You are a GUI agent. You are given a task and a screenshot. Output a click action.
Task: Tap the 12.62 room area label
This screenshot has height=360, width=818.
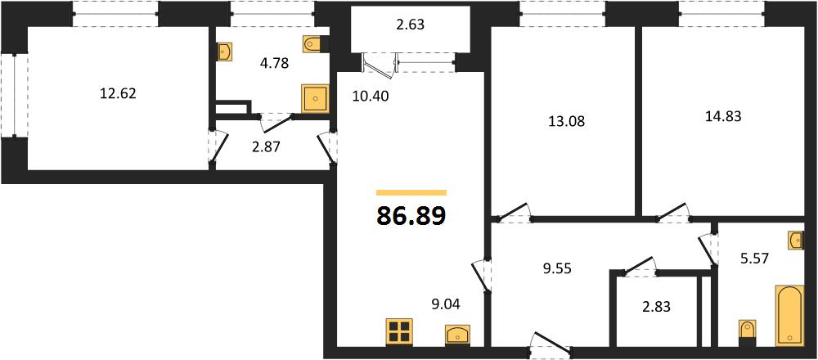117,94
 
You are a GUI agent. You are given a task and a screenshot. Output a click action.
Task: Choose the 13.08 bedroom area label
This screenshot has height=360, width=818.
566,122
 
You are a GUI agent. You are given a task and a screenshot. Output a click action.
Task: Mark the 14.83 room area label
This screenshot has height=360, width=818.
722,117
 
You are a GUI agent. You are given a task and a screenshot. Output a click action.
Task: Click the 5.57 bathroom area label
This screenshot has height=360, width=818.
754,258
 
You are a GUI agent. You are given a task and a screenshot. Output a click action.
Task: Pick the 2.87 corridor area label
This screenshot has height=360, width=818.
266,147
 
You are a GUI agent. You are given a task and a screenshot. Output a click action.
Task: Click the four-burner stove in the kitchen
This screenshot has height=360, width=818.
400,332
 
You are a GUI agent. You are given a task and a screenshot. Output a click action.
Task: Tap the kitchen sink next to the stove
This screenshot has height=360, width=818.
458,335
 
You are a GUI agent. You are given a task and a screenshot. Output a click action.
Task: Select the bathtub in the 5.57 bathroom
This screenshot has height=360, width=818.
789,315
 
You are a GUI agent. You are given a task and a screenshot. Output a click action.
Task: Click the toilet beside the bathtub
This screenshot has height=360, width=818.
747,333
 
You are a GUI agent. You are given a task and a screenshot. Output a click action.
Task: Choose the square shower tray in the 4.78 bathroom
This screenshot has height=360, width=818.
315,99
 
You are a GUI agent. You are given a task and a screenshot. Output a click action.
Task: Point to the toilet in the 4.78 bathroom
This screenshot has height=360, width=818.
314,44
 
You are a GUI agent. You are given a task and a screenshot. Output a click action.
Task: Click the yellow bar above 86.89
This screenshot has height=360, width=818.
411,192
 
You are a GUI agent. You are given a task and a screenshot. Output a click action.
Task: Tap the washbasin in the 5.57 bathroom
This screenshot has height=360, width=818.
796,241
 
